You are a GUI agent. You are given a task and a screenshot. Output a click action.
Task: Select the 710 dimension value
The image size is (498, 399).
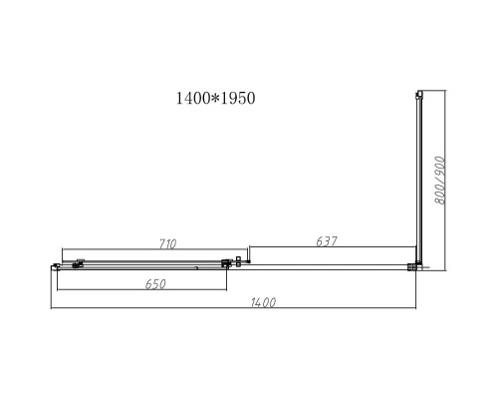[167, 242]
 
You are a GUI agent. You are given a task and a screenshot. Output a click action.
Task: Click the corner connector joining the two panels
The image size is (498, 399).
[415, 266]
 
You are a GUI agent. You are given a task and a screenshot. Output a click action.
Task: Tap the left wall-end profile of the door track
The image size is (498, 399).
[53, 265]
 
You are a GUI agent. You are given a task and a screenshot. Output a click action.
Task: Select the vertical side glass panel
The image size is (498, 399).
[417, 180]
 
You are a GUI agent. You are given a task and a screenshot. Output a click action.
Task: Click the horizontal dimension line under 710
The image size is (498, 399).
[149, 249]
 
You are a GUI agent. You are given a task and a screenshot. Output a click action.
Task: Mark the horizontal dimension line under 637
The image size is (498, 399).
[331, 248]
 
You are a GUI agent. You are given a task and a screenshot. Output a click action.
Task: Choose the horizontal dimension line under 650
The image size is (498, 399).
[141, 291]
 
